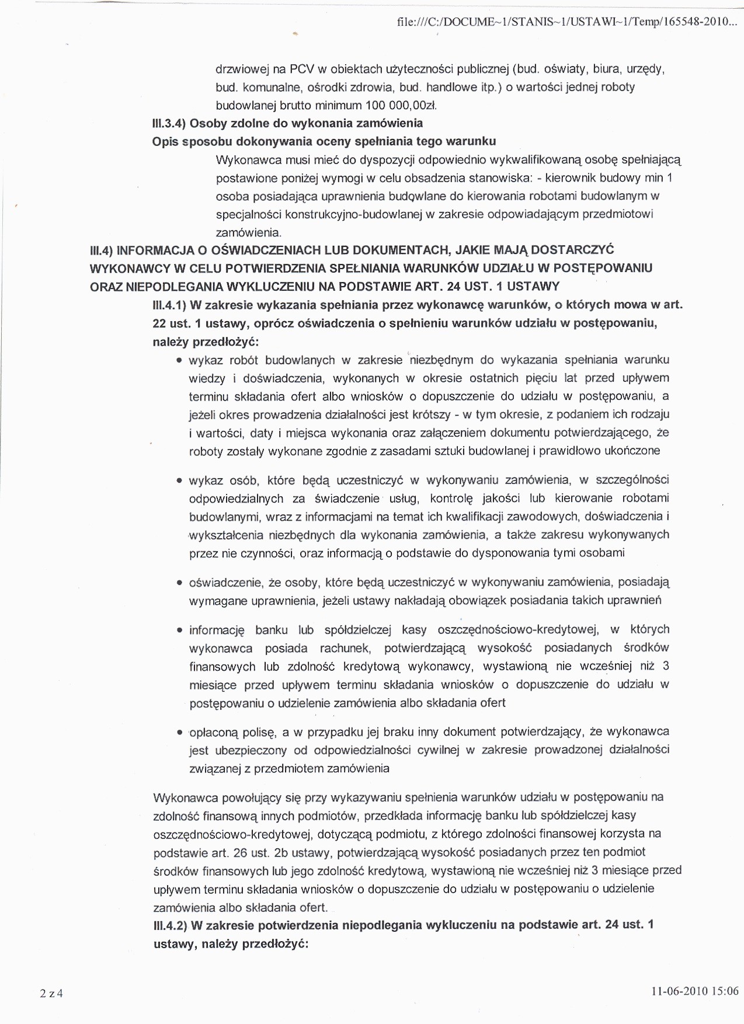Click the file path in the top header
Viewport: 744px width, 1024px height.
click(567, 22)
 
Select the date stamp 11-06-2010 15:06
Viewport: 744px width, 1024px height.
click(695, 991)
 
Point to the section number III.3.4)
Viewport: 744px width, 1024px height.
click(168, 124)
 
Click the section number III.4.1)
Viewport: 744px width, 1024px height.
click(168, 305)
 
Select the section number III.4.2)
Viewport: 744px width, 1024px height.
click(169, 925)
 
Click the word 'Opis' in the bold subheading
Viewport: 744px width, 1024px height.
click(164, 142)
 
